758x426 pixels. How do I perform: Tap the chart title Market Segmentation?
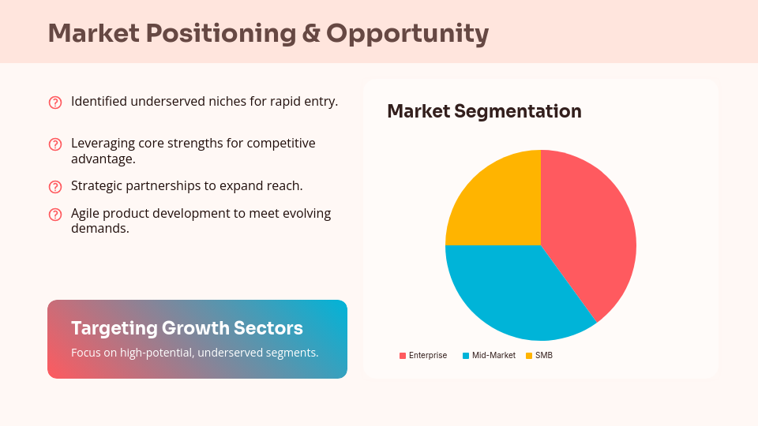tap(484, 111)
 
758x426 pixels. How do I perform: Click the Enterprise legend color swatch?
tap(403, 356)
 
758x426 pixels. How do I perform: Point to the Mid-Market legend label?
tap(493, 356)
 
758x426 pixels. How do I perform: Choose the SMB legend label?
tap(544, 356)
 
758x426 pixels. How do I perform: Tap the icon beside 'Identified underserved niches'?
tap(55, 102)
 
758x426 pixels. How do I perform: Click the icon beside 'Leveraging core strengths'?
tap(55, 144)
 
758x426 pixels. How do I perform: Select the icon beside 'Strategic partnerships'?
tap(55, 187)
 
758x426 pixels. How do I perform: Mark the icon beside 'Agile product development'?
tap(55, 215)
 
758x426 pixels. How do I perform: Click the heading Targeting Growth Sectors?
tap(187, 328)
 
